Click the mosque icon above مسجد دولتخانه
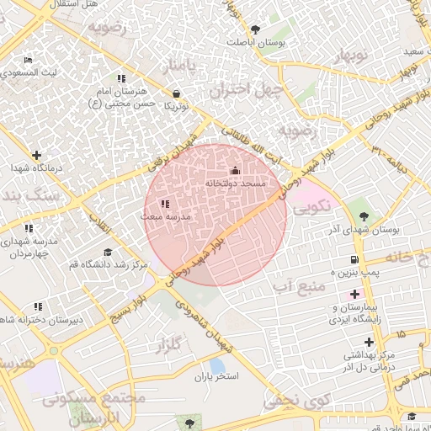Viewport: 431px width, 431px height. (x=235, y=171)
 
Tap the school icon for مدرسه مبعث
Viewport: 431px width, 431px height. (x=165, y=204)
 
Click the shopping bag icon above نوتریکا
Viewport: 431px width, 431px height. (x=176, y=93)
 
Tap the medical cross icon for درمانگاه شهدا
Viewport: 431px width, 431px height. (x=36, y=155)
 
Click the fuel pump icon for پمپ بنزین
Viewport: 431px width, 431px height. (x=354, y=259)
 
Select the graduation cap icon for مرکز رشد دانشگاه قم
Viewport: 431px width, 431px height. (x=107, y=253)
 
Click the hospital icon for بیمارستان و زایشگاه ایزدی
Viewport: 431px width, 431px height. (x=354, y=295)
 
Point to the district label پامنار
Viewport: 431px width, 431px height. (x=185, y=65)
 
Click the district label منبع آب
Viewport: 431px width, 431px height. (x=298, y=287)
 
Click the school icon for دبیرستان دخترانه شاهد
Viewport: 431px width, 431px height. (x=38, y=307)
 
